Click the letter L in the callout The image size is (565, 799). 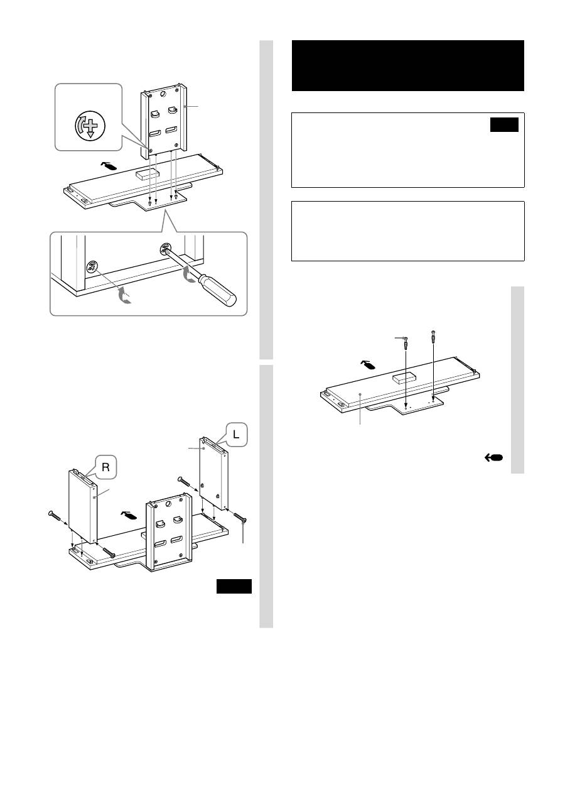pyautogui.click(x=237, y=435)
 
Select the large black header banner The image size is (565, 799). pyautogui.click(x=408, y=65)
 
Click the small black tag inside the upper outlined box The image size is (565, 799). pyautogui.click(x=504, y=124)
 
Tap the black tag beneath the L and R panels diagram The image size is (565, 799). pyautogui.click(x=234, y=587)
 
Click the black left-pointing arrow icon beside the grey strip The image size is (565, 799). pyautogui.click(x=493, y=458)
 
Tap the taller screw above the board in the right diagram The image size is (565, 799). pyautogui.click(x=434, y=336)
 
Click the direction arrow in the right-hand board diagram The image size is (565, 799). pyautogui.click(x=368, y=365)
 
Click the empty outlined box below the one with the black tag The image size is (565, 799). pyautogui.click(x=408, y=231)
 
